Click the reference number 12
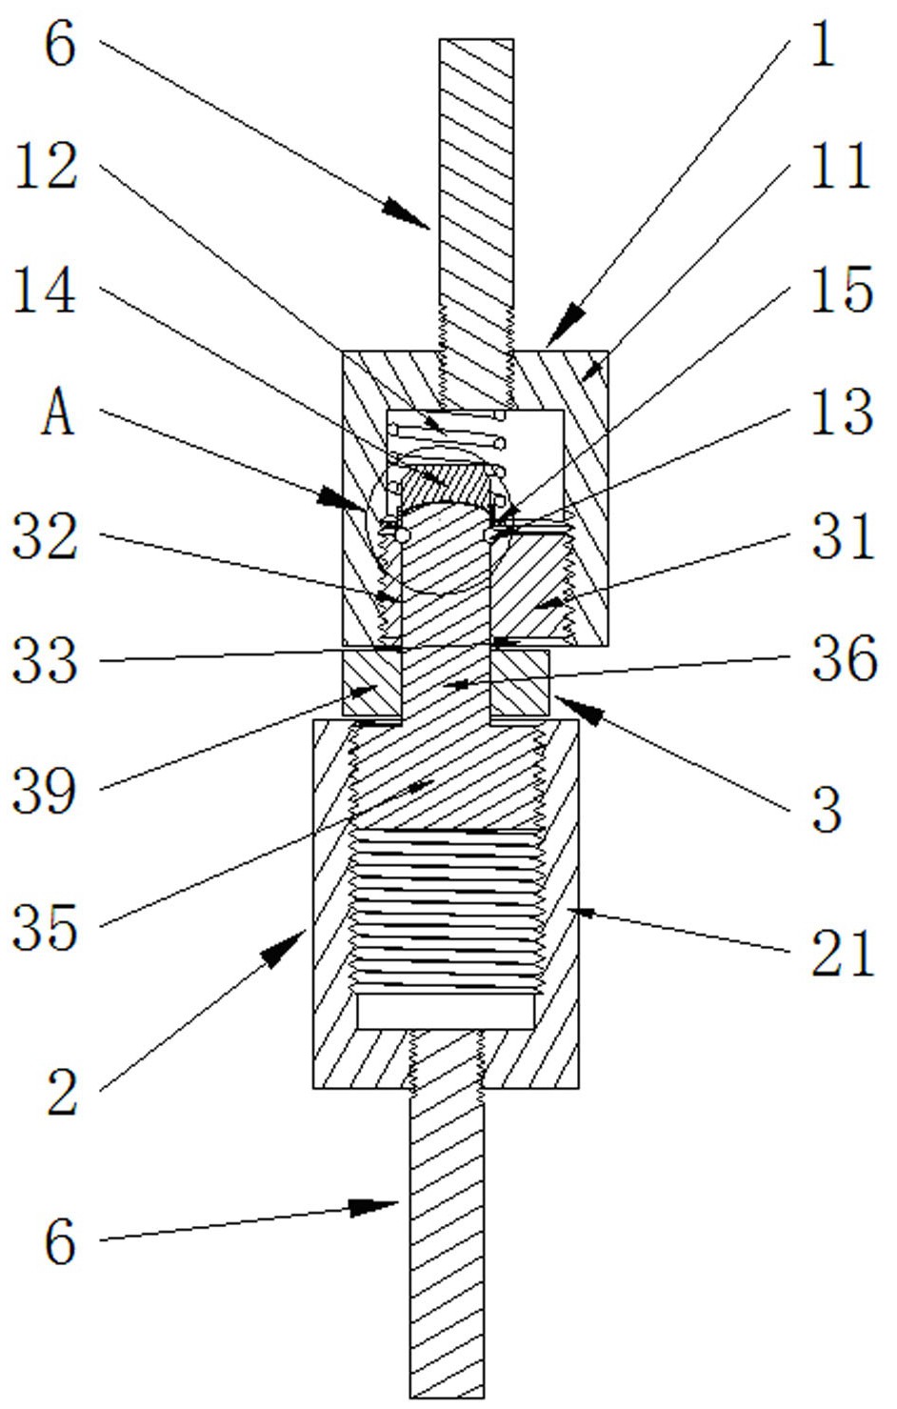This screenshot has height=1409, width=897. (46, 166)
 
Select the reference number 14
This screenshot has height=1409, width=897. (45, 290)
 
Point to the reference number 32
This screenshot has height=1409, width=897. (45, 536)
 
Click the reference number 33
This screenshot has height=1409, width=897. (45, 659)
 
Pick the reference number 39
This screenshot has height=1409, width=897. (45, 792)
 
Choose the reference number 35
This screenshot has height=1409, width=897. (45, 927)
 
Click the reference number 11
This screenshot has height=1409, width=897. (841, 166)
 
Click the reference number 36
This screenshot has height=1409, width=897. (844, 658)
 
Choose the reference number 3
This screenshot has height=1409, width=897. (827, 810)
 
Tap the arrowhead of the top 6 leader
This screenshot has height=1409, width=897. (407, 213)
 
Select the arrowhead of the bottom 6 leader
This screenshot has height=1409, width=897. (373, 1208)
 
